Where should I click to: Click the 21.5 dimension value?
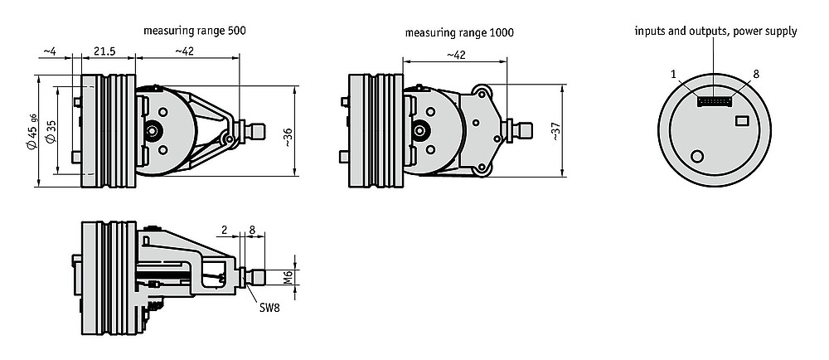(104, 51)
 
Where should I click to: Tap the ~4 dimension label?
(49, 51)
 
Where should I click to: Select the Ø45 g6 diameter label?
(32, 131)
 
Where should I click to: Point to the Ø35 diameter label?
(51, 131)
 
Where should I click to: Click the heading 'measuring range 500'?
(195, 31)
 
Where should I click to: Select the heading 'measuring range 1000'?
(459, 32)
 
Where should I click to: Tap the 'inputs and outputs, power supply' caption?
(716, 32)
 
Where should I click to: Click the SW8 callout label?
(269, 308)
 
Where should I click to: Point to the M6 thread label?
(288, 277)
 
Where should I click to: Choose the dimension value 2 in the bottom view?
(224, 230)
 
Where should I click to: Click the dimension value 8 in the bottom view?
(252, 230)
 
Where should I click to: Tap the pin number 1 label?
(673, 75)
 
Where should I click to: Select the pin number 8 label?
(756, 74)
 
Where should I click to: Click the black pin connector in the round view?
(714, 101)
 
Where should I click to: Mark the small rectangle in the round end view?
(742, 121)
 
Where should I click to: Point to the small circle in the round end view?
(697, 156)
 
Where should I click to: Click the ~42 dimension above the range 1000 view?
(456, 55)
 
